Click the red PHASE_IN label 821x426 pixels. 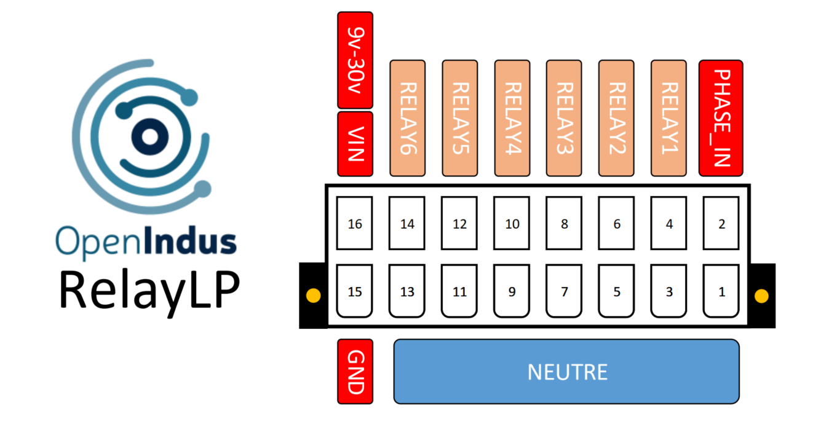point(721,118)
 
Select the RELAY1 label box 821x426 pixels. point(669,118)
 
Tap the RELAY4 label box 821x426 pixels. point(512,118)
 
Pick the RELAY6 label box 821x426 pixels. point(408,118)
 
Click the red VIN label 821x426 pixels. point(355,144)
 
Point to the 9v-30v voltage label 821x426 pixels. point(355,60)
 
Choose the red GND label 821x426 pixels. point(355,372)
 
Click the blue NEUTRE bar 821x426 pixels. point(566,372)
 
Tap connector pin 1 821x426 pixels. point(721,291)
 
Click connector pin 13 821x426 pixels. point(407,291)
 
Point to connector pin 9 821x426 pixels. point(512,291)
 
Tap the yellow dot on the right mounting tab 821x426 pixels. point(761,296)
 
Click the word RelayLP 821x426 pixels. point(148,290)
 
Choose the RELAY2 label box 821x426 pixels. point(617,118)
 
